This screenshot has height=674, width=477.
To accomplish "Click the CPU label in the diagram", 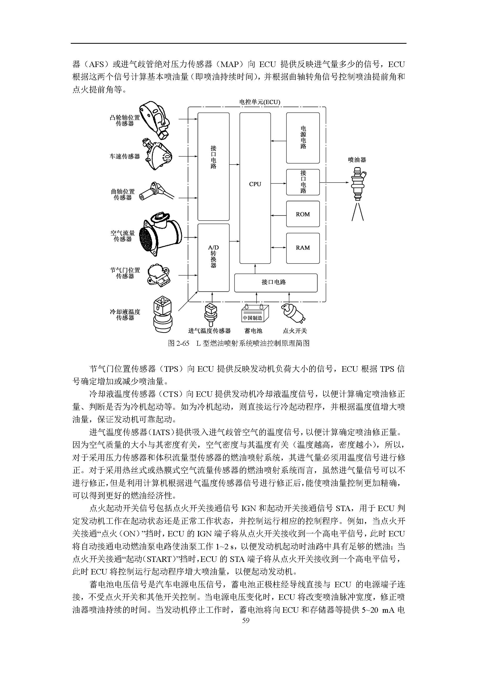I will pyautogui.click(x=255, y=184).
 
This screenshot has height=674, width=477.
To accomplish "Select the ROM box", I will pyautogui.click(x=302, y=214).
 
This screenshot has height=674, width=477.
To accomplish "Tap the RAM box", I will pyautogui.click(x=302, y=248).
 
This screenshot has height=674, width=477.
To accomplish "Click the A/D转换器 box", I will pyautogui.click(x=213, y=257).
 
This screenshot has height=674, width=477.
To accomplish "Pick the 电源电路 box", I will pyautogui.click(x=302, y=138).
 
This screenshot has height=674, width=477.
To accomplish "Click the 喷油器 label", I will pyautogui.click(x=357, y=160).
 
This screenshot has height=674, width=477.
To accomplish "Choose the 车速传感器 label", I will pyautogui.click(x=125, y=156).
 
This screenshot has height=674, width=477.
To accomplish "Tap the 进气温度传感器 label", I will pyautogui.click(x=209, y=331).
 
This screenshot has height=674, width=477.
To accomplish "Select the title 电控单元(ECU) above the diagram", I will pyautogui.click(x=260, y=102).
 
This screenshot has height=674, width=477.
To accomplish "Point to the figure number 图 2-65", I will pyautogui.click(x=178, y=343).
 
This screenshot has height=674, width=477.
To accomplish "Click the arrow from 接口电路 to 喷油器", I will pyautogui.click(x=334, y=183).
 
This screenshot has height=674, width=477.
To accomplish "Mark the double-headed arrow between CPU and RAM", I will pyautogui.click(x=278, y=248).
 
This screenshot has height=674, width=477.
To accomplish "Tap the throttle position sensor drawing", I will pyautogui.click(x=158, y=275).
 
